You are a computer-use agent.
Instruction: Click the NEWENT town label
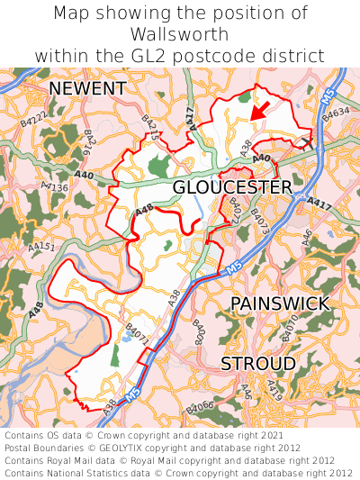87,88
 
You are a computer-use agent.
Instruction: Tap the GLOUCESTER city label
232,186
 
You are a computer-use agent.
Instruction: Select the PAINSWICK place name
280,303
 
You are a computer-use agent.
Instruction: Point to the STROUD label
258,363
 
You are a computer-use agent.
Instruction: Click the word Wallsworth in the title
179,34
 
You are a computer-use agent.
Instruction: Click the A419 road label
274,391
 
